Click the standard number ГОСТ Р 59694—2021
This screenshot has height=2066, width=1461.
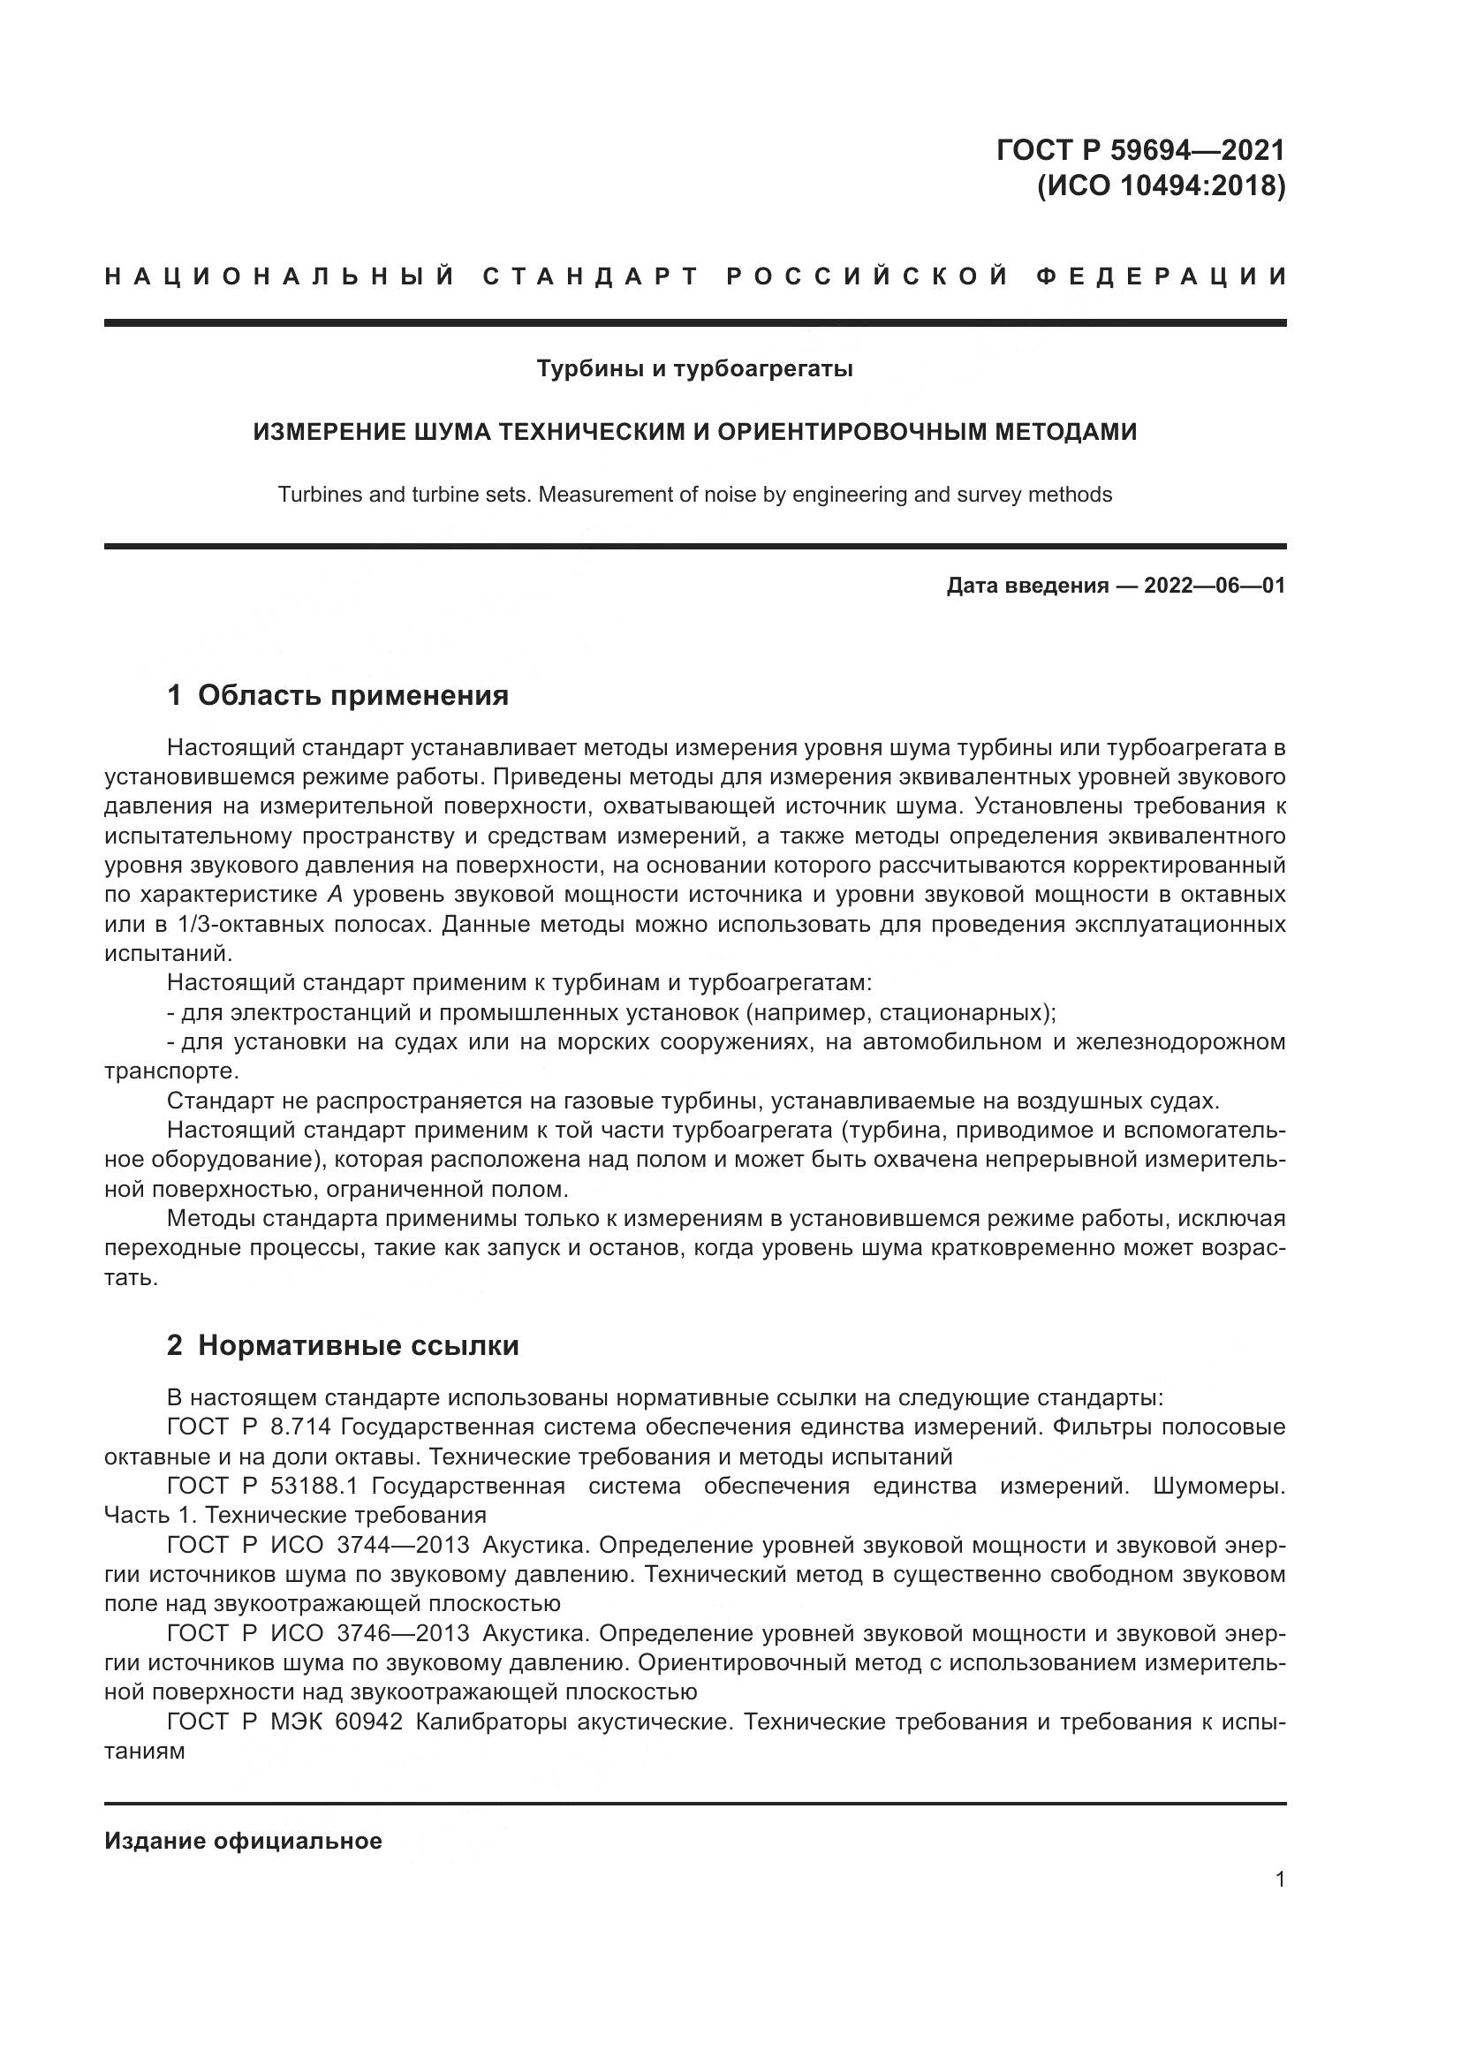pos(1139,149)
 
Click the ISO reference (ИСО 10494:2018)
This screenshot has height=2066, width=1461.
pos(1161,186)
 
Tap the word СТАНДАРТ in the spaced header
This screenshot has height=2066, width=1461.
pos(591,276)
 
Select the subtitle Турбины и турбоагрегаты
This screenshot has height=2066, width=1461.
pos(694,369)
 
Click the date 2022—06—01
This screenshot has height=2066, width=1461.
pos(1214,587)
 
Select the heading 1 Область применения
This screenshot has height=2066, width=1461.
pos(337,695)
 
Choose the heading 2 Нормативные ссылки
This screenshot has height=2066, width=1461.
pos(343,1345)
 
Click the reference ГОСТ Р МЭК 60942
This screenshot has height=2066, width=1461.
pos(284,1722)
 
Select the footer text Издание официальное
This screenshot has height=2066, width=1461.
pos(243,1841)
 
